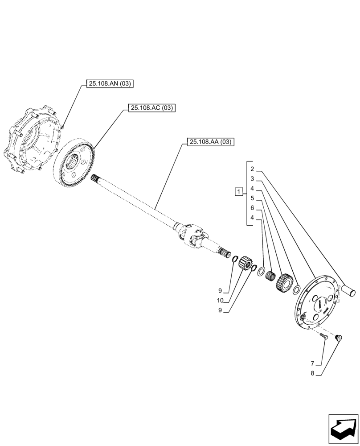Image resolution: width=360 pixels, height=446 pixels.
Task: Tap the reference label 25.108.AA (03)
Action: point(210,142)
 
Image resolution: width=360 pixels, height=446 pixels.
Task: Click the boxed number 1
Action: point(239,192)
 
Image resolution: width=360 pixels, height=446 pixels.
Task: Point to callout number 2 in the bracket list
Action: point(252,169)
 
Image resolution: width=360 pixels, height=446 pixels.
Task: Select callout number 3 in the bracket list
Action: point(252,178)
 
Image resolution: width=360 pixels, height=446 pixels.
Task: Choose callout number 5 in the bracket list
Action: point(252,198)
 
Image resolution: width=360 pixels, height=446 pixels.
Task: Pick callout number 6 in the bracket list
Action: point(252,208)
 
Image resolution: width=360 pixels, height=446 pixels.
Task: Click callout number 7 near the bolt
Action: point(313,363)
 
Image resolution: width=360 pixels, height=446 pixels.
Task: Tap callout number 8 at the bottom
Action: point(313,374)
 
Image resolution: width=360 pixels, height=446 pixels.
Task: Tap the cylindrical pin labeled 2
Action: point(348,291)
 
